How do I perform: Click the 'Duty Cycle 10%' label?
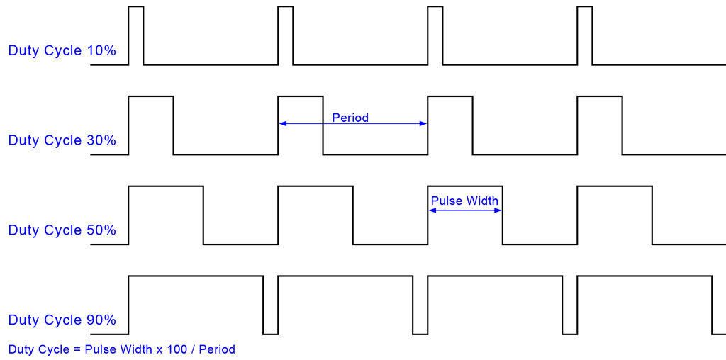pos(62,51)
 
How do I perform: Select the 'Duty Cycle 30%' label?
pos(62,140)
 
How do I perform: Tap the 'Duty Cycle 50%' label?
pos(62,230)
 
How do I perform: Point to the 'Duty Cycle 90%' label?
pos(62,320)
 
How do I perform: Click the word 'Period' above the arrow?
pos(350,118)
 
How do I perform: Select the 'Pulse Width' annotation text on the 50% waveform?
pos(464,201)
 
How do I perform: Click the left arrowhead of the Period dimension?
pos(282,124)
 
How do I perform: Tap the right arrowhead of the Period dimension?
pos(424,124)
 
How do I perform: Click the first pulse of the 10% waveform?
pos(136,35)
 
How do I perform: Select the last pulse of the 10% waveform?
pos(585,35)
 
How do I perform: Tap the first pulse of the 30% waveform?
pos(151,125)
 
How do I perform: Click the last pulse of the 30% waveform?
pos(600,125)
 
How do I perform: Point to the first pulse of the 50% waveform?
pos(166,215)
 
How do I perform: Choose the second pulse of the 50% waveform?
pos(315,215)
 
